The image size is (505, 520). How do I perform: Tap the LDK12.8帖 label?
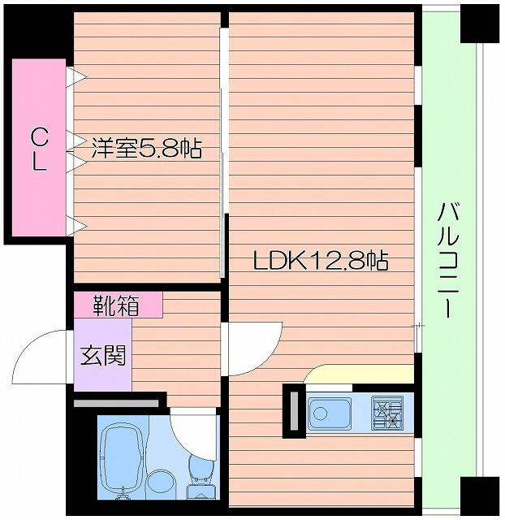[x=320, y=261]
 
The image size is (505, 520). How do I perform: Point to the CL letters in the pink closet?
[x=38, y=148]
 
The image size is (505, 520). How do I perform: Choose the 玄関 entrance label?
[x=103, y=354]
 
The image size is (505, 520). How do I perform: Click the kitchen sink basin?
[x=330, y=414]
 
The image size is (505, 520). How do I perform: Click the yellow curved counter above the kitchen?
[x=357, y=374]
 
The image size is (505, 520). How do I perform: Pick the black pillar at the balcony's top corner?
[x=478, y=22]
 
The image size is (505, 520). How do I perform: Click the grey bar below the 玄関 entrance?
[x=116, y=402]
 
